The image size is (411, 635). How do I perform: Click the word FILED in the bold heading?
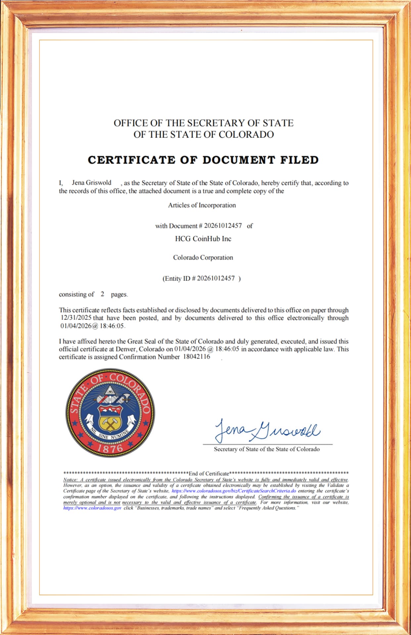click(x=299, y=160)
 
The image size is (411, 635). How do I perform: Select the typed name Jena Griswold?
click(x=92, y=183)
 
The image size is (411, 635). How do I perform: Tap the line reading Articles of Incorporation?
click(x=202, y=205)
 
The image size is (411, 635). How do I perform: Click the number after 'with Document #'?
click(x=223, y=226)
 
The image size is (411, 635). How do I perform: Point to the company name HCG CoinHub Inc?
click(x=203, y=239)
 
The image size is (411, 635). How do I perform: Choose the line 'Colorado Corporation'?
click(x=203, y=258)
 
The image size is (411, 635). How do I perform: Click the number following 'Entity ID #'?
click(x=216, y=278)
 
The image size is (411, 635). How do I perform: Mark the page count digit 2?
click(x=103, y=294)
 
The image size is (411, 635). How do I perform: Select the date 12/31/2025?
click(x=76, y=318)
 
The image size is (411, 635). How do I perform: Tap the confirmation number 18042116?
click(x=197, y=357)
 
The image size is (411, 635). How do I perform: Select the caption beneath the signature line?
click(x=267, y=449)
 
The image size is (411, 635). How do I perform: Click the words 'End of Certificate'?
click(x=209, y=473)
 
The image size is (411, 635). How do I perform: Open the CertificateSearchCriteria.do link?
click(x=234, y=491)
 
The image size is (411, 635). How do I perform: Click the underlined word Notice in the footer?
click(x=70, y=480)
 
